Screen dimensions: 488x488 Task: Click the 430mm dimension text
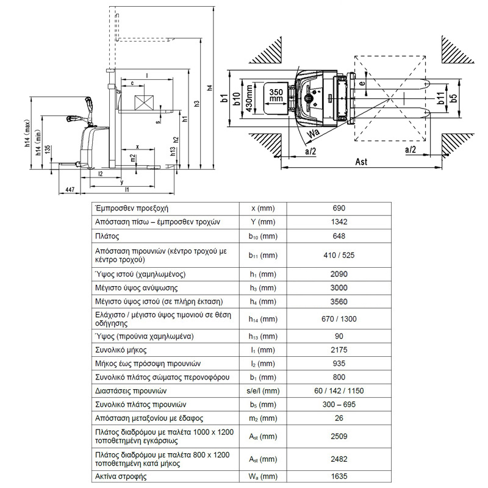coord(249,98)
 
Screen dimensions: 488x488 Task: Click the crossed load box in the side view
coord(144,102)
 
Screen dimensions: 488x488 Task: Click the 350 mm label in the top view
coord(276,94)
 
